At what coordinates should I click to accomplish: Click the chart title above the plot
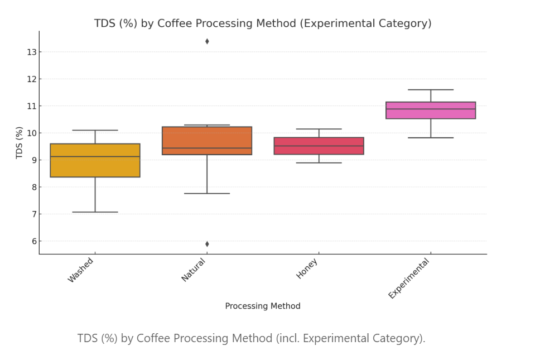click(263, 23)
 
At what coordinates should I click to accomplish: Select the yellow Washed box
click(95, 161)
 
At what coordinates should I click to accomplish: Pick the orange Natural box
click(207, 141)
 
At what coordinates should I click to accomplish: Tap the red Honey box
click(319, 146)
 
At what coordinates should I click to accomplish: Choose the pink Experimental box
click(431, 111)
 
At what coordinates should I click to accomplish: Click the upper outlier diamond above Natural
click(207, 41)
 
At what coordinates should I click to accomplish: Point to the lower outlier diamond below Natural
click(207, 244)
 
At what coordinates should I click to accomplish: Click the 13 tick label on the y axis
click(31, 52)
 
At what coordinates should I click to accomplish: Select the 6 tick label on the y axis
click(33, 241)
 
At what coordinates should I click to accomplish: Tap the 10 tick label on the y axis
click(31, 133)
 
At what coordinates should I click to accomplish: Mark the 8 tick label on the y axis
click(33, 188)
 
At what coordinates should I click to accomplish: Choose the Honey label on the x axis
click(307, 268)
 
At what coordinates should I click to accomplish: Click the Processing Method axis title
click(263, 306)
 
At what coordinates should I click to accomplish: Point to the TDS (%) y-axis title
click(20, 143)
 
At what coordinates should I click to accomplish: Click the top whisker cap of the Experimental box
click(431, 90)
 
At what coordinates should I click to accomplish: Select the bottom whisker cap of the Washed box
click(95, 212)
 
